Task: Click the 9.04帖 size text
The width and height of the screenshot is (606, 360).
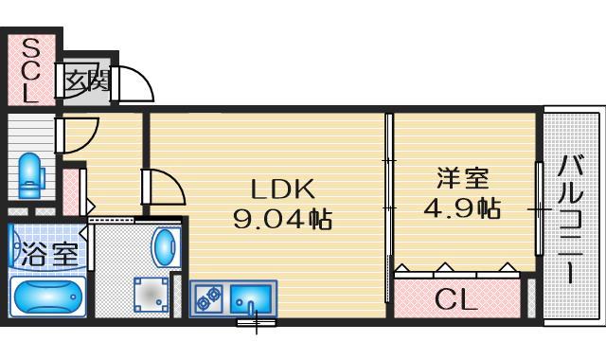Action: [x=281, y=221]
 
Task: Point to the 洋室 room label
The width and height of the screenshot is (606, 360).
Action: [x=462, y=177]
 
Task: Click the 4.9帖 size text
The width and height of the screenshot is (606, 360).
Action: [x=462, y=207]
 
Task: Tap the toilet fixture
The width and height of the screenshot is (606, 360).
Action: [x=31, y=173]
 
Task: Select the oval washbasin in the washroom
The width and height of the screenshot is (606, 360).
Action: [x=165, y=247]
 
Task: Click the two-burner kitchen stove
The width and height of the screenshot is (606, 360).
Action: [x=208, y=298]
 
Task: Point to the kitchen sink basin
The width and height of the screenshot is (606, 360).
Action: [x=250, y=298]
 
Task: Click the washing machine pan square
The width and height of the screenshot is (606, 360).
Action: [x=150, y=294]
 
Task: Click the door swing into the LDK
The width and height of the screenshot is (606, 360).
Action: [x=163, y=187]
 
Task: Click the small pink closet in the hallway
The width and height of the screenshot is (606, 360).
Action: [x=73, y=191]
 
